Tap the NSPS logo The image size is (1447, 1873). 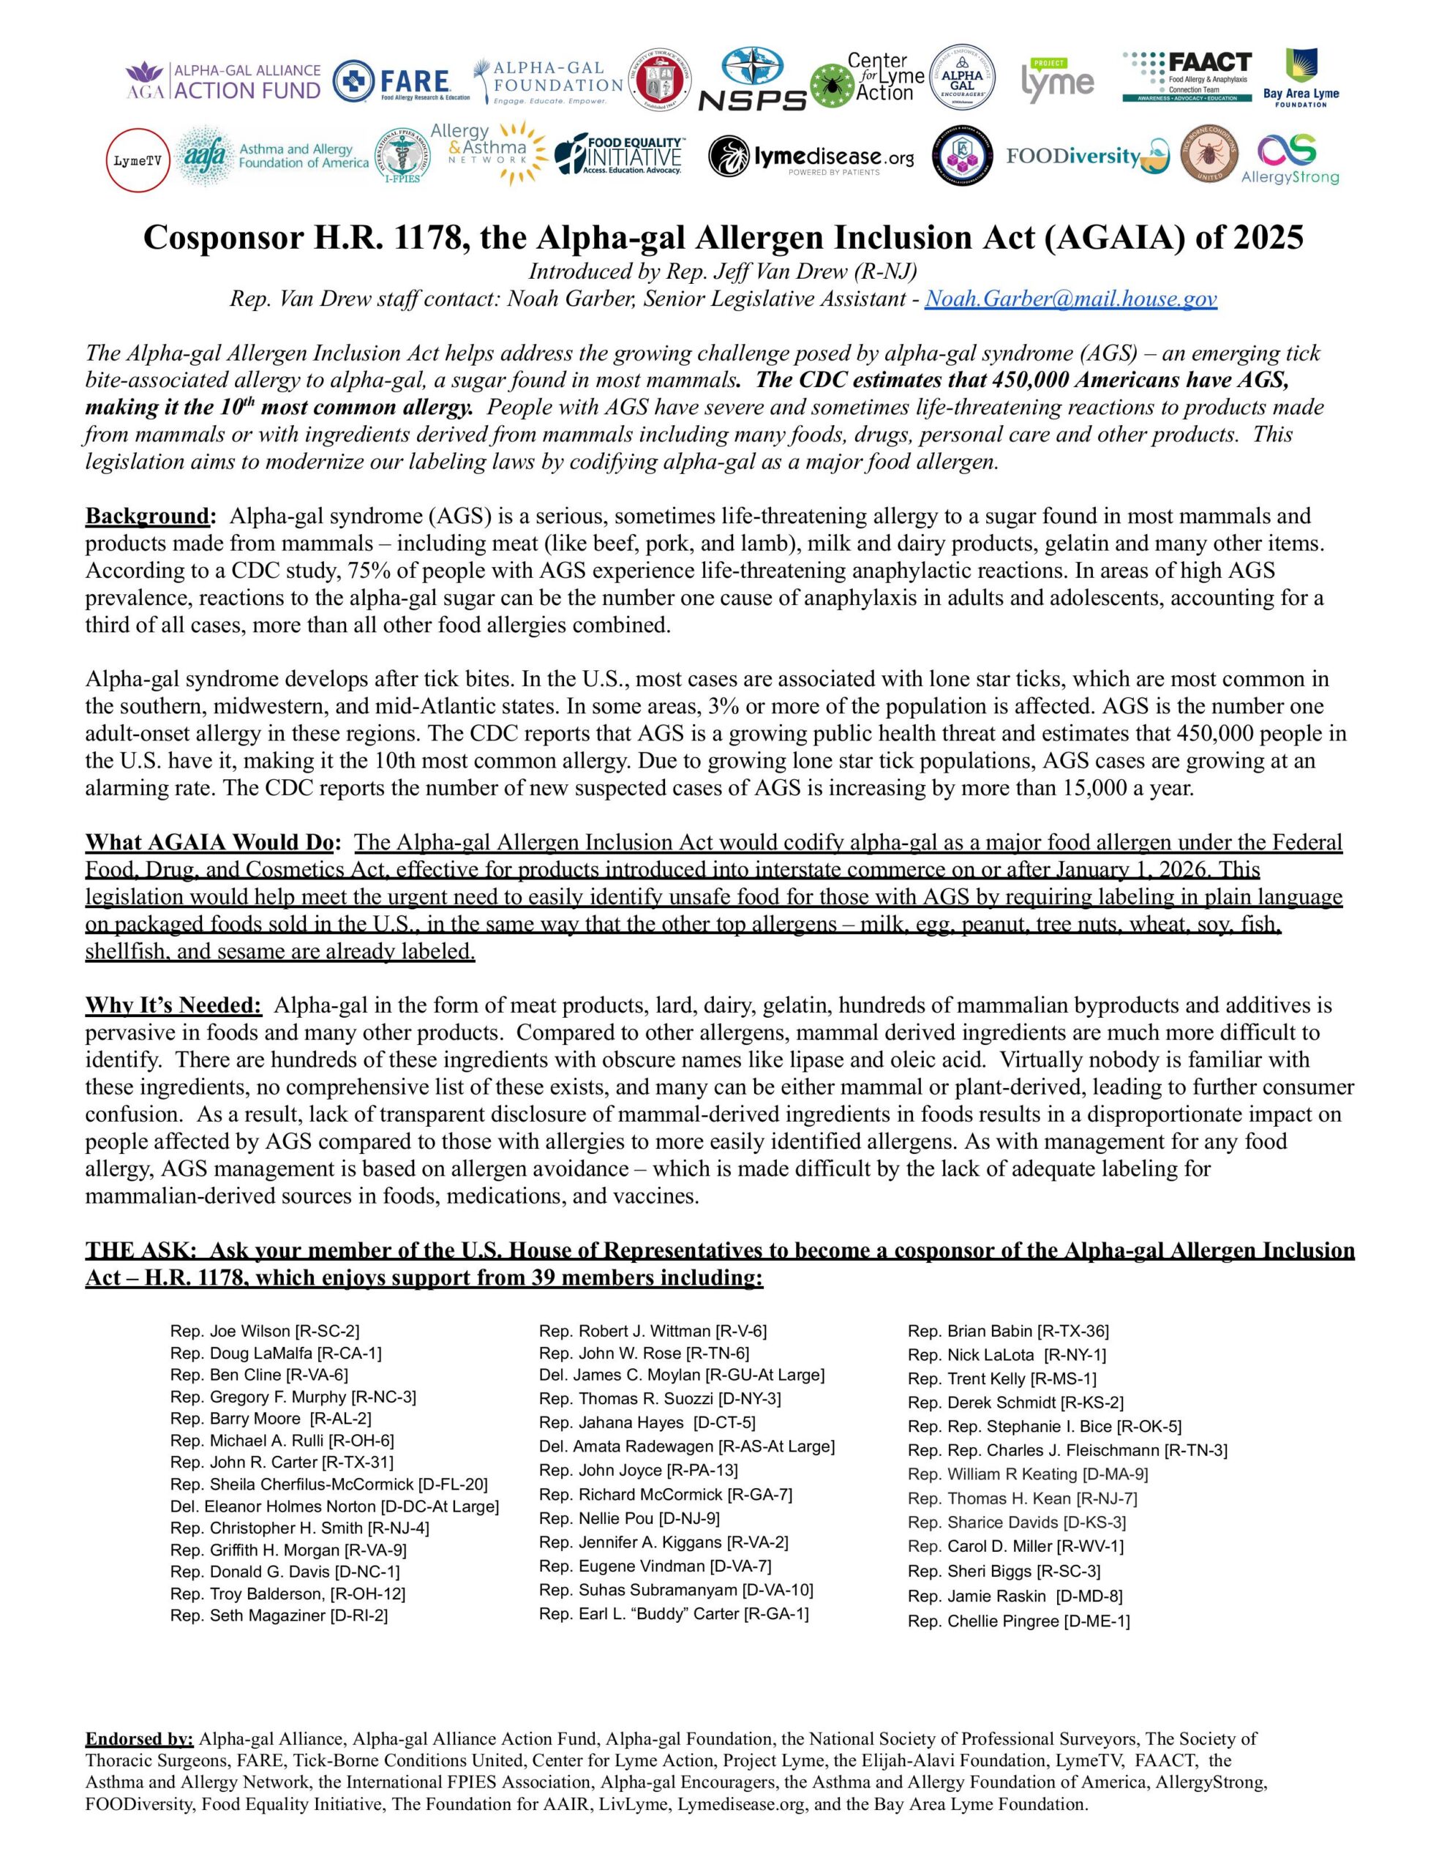click(x=751, y=80)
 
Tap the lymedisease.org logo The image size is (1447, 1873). click(x=811, y=157)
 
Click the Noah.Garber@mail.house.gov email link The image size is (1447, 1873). click(x=1070, y=299)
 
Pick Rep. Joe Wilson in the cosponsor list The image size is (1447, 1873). click(x=264, y=1331)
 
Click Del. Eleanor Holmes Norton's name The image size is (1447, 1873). click(x=334, y=1506)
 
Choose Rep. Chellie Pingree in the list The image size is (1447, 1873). click(x=1018, y=1621)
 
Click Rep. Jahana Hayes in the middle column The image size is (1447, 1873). click(x=647, y=1423)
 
